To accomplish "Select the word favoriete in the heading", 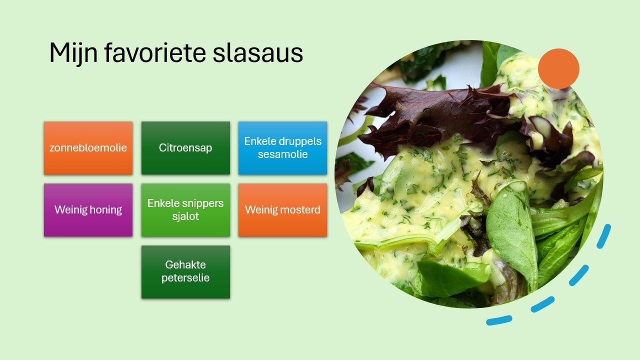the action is coord(155,52).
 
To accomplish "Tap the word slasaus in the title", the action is coord(257,53).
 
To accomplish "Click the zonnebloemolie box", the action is coord(88,148).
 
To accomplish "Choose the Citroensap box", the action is coord(185,148).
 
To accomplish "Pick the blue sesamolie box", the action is coord(283,148).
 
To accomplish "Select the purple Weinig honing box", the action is coord(88,210).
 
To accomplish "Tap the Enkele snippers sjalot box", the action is coord(185,210).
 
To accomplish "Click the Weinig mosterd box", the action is coord(283,210).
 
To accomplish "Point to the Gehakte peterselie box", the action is coord(185,272).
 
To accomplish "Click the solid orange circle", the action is coord(558,68).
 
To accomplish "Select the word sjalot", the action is coord(185,216).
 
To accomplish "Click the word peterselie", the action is coord(185,278).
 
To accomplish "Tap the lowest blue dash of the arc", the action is coord(499,320).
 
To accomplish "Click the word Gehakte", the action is coord(185,265).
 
